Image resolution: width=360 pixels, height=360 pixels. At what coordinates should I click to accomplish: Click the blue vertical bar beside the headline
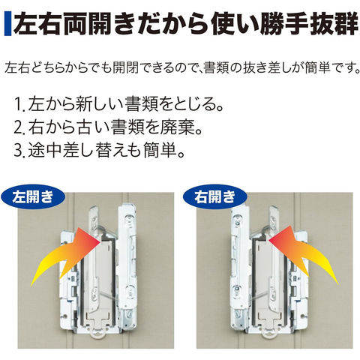pos(7,24)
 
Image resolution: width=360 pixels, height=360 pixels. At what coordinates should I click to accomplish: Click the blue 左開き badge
pos(33,196)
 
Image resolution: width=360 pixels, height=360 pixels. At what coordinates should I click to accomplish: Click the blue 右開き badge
pos(215,196)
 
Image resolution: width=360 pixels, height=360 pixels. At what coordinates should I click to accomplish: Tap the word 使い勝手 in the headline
pos(260,24)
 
